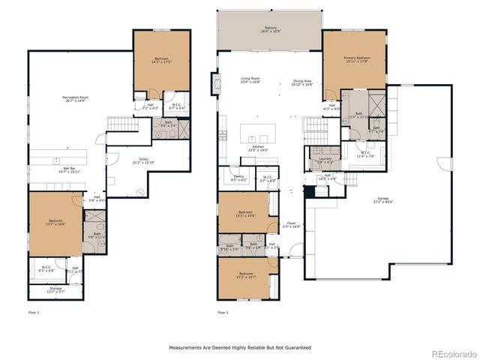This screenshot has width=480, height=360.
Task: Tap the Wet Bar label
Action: coord(71,169)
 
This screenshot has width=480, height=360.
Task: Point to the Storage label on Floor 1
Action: coord(55,288)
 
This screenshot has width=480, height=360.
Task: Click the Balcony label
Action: coord(269,30)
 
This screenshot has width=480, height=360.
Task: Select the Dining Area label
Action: coord(302,82)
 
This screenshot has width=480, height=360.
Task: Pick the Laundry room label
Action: coord(325,160)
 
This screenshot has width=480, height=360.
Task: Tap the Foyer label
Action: coord(291,223)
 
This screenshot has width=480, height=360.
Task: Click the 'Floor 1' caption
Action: coord(34,311)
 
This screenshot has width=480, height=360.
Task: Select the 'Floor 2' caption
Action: coord(223,311)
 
